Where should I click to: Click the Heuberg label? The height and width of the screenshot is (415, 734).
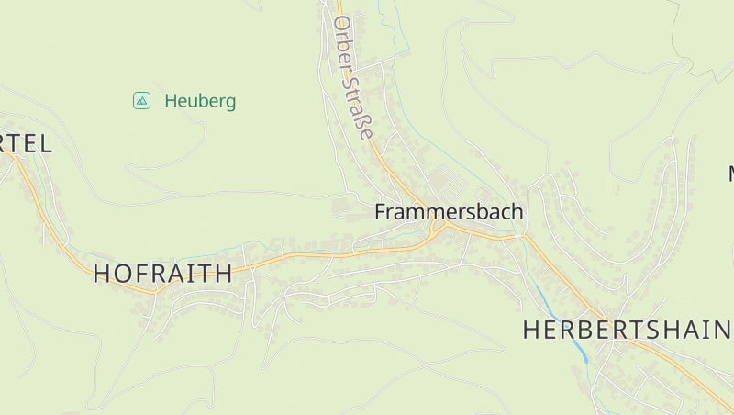[200, 101]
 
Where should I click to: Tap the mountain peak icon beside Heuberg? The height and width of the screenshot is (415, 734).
[141, 100]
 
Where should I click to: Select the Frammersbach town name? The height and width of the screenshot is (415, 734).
[449, 211]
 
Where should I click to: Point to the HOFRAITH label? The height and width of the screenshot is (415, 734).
[163, 273]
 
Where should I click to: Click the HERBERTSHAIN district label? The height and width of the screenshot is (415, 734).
[628, 331]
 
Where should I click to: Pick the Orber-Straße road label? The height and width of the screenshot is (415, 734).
[354, 78]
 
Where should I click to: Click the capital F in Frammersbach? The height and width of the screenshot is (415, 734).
[381, 211]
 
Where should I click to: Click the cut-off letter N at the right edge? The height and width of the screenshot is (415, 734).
[731, 173]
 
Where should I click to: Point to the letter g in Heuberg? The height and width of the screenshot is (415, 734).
[229, 103]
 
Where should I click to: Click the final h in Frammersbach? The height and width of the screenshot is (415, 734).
[517, 211]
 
